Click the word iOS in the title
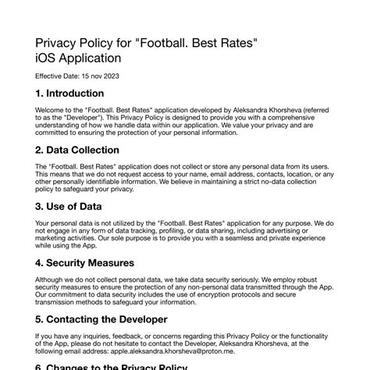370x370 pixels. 48,58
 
